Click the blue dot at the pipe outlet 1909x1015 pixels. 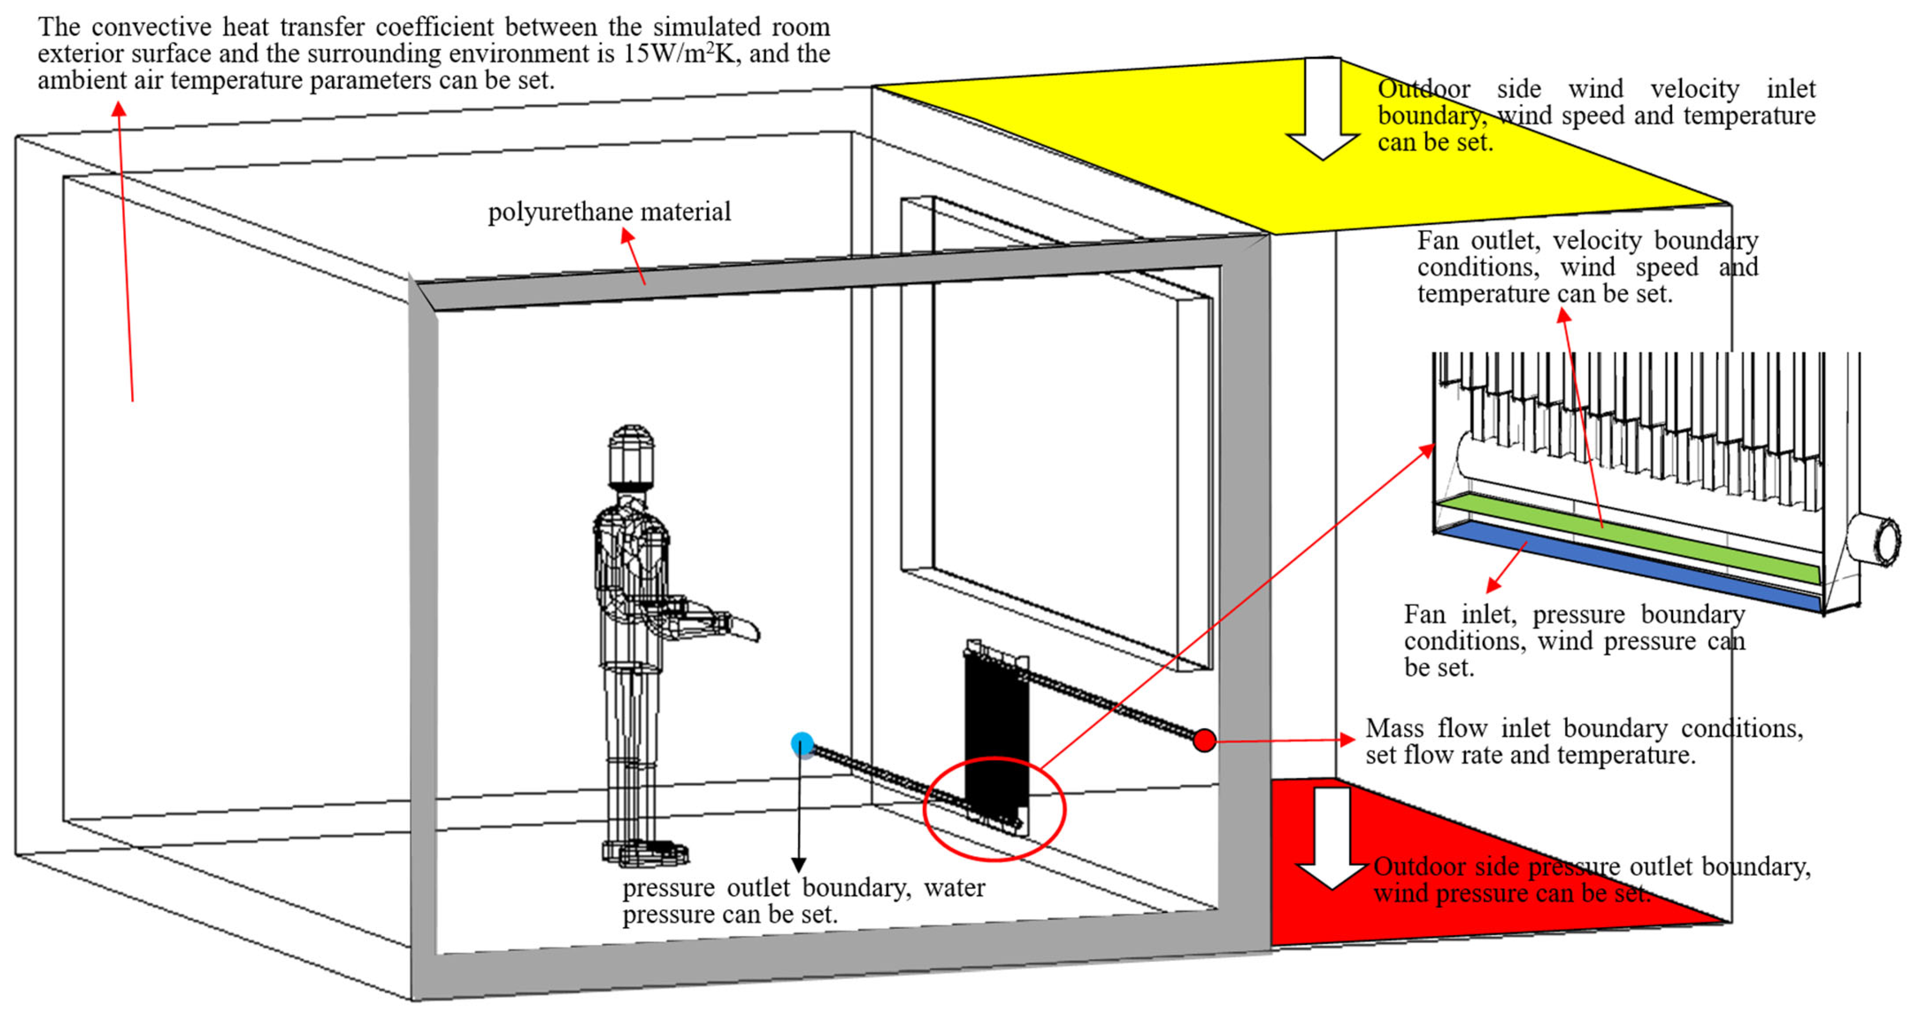coord(802,744)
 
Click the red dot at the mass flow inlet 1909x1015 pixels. coord(1204,740)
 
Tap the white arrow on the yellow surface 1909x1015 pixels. coord(1323,111)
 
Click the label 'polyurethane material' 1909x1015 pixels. coord(609,212)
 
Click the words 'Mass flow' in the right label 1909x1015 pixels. coord(1427,728)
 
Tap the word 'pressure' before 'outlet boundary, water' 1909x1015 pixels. coord(668,888)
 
